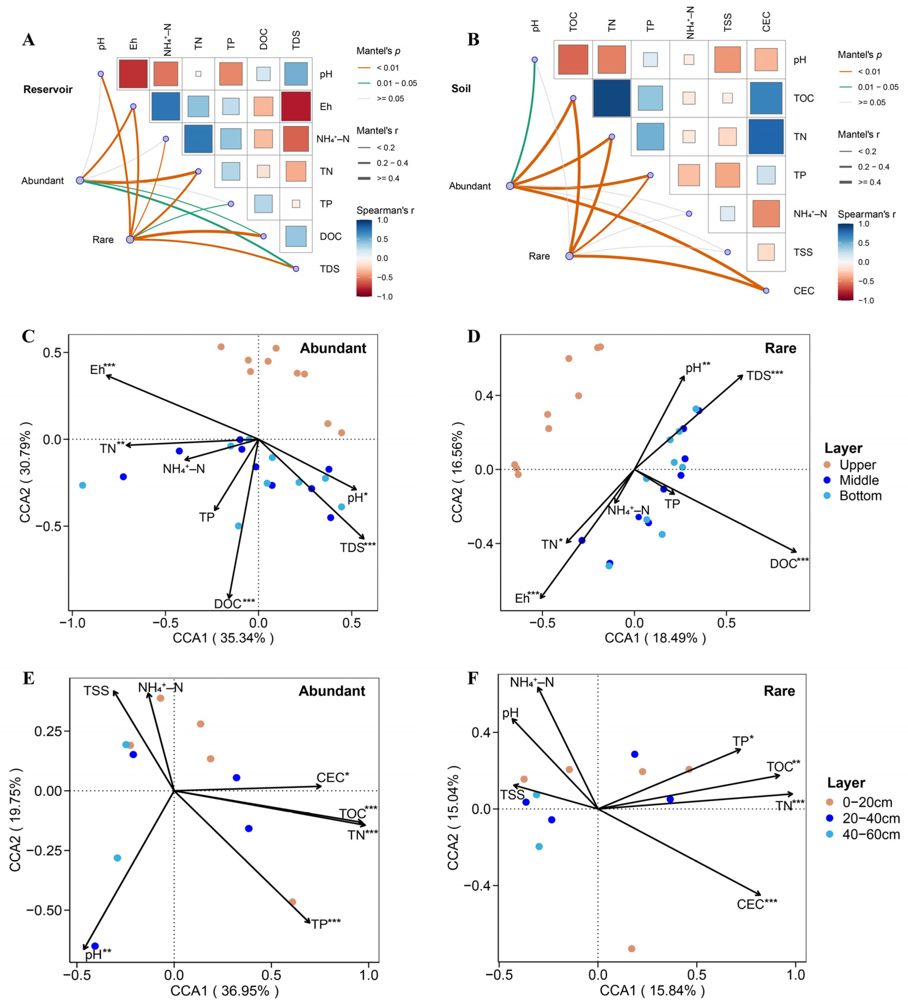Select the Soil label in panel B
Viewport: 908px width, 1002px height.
pos(461,88)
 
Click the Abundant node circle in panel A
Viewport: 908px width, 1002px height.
pos(80,180)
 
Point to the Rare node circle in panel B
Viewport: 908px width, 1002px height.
pos(570,256)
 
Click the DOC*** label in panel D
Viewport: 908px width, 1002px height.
pos(789,563)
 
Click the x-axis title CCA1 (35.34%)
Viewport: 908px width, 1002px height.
pos(223,638)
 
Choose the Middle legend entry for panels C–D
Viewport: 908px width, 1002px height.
pos(858,480)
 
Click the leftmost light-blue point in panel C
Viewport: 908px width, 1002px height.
pos(82,485)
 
